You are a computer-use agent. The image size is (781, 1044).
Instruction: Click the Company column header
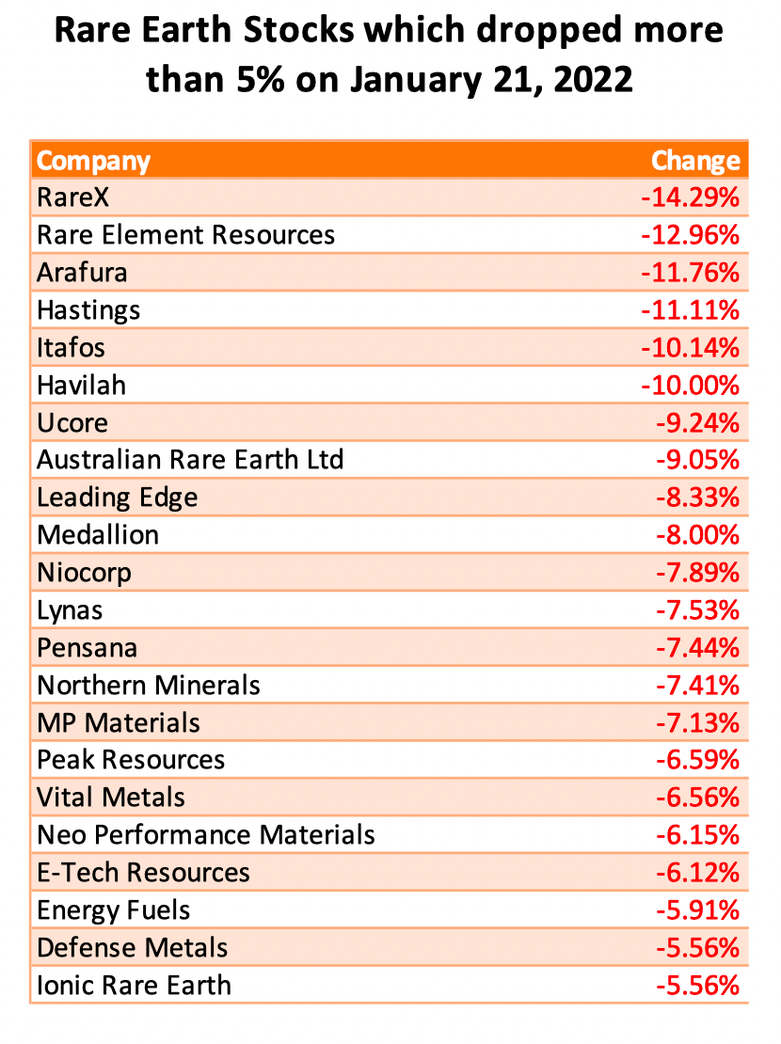tap(93, 161)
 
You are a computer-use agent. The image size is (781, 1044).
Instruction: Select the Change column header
tap(695, 161)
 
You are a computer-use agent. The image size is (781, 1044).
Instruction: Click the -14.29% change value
tap(691, 198)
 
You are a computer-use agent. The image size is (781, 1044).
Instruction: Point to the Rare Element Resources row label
tap(185, 234)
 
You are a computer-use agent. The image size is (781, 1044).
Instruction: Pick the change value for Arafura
tap(691, 273)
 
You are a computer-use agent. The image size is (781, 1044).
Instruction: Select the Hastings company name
tap(88, 309)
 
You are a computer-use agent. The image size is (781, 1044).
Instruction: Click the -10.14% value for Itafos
tap(691, 347)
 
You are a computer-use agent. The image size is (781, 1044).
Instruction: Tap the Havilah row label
tap(81, 385)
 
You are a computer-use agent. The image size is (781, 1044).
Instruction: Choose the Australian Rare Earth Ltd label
tap(190, 459)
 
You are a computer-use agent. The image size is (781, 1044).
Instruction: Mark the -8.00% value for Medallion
tap(696, 534)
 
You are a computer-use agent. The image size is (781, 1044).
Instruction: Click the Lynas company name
tap(70, 609)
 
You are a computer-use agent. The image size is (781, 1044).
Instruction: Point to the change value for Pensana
tap(696, 647)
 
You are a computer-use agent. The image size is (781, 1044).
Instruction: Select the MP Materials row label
tap(119, 722)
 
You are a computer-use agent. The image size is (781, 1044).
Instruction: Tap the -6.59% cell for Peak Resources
tap(696, 759)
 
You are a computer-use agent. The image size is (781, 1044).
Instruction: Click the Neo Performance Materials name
tap(206, 834)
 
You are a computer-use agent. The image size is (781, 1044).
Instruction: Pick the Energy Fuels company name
tap(113, 910)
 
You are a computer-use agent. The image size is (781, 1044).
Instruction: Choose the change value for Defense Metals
tap(696, 947)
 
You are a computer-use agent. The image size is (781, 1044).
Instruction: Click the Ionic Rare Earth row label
tap(134, 985)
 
